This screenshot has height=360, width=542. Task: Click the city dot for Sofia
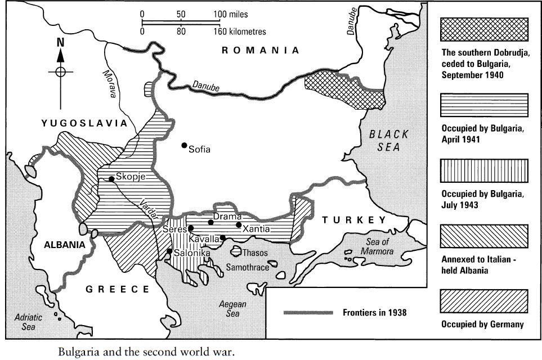coord(184,145)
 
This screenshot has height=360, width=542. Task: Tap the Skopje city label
coord(131,175)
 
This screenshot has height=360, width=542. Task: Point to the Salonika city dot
coord(169,251)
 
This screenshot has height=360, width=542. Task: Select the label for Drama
coord(227,217)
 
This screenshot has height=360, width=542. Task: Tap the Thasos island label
coord(254,253)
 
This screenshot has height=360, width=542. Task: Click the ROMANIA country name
coord(260,50)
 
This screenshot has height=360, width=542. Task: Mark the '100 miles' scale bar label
coord(231,13)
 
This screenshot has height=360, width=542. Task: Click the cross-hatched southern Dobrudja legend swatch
coord(485,28)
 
